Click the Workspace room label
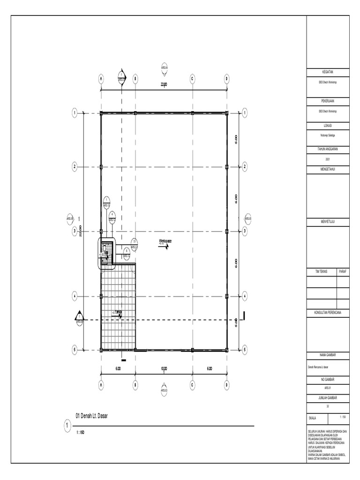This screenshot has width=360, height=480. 165,241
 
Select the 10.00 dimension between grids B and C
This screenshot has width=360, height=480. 164,369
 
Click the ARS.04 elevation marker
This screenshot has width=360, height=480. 164,68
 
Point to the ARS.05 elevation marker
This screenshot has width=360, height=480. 248,218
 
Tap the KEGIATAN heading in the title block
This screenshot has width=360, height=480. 328,73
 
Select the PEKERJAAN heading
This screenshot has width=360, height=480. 328,101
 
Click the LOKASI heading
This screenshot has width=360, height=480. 328,125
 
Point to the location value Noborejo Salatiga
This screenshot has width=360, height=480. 328,135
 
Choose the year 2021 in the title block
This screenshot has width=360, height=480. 328,159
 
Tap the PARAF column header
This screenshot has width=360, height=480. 343,271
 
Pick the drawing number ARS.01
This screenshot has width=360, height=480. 328,388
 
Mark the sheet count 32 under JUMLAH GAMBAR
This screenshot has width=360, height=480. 328,406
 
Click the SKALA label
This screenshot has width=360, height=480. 312,417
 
